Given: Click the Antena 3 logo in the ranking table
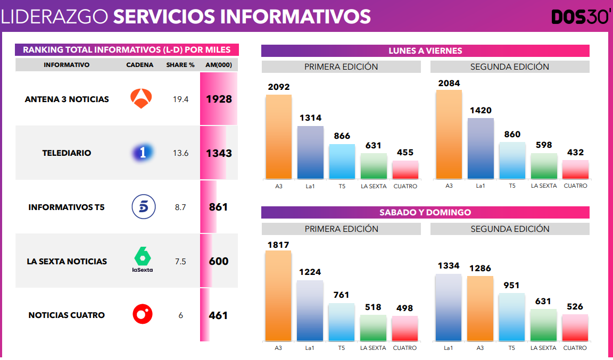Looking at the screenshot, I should [x=142, y=99].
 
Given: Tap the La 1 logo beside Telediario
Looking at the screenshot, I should [x=143, y=153].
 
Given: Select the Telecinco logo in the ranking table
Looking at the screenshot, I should [x=144, y=207].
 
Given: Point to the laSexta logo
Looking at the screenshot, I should [x=143, y=260].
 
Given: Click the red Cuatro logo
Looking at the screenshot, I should [x=143, y=315].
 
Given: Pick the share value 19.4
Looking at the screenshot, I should [x=180, y=99].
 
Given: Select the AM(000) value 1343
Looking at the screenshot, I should [x=219, y=154].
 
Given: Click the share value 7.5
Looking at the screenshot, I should [x=180, y=261].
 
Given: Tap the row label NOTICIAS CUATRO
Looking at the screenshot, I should [x=67, y=315].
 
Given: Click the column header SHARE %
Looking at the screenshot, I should [x=180, y=65].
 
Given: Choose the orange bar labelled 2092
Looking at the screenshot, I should [x=279, y=137].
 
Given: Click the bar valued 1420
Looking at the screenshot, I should [x=481, y=148].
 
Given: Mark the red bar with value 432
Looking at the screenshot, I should [x=575, y=170].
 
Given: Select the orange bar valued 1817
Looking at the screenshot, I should [x=278, y=295].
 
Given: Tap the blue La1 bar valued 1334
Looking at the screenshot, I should [x=449, y=307].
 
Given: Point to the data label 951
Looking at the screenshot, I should [x=512, y=286].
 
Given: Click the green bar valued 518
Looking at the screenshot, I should [x=373, y=328].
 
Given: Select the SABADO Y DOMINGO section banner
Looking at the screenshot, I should [x=425, y=212].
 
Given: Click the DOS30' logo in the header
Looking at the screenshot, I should [x=581, y=17].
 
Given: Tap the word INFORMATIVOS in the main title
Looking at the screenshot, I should [x=296, y=16].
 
